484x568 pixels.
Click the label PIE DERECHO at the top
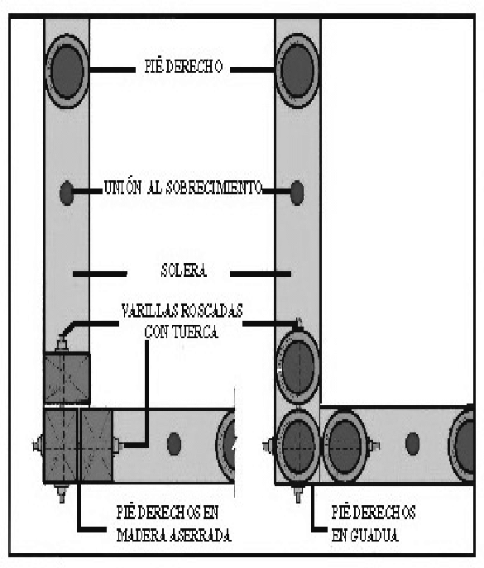[184, 67]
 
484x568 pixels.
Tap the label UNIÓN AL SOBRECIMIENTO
[183, 188]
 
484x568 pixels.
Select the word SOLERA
[184, 270]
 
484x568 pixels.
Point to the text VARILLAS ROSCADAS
[182, 311]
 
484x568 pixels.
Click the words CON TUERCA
[181, 332]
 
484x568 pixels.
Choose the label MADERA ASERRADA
[174, 535]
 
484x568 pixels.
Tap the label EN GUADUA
[365, 535]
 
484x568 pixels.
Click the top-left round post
[66, 71]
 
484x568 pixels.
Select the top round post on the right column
[298, 70]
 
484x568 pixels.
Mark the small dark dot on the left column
[66, 193]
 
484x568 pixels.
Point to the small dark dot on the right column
[297, 193]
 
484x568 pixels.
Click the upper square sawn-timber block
[67, 378]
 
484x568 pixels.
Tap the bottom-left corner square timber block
[60, 446]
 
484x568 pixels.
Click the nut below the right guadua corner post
[298, 494]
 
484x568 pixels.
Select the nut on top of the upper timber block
[62, 342]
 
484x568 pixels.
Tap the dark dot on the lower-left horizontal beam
[174, 444]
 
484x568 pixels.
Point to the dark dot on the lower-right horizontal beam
[412, 444]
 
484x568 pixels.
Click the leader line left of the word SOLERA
[100, 274]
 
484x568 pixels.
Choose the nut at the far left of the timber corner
[38, 446]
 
